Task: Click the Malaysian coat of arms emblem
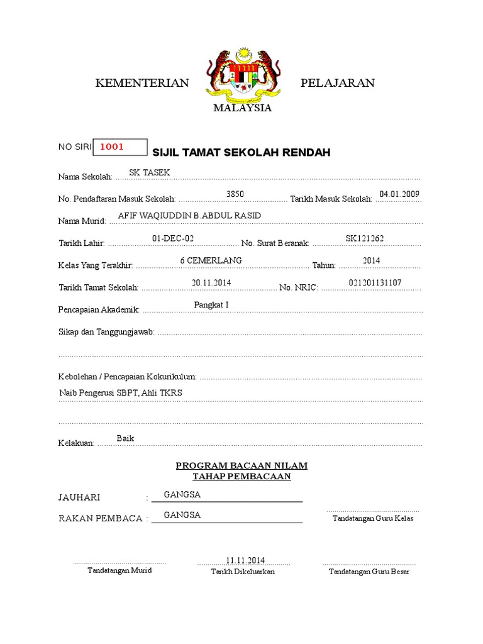tap(242, 77)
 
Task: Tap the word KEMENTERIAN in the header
tap(142, 83)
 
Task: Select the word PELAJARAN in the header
tap(338, 83)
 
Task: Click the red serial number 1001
tap(112, 147)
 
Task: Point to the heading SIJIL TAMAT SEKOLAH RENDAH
tap(241, 153)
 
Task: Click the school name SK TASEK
tap(149, 172)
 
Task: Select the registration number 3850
tap(235, 194)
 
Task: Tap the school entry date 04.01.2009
tap(399, 194)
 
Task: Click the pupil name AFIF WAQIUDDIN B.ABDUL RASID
tap(189, 216)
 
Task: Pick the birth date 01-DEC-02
tap(173, 238)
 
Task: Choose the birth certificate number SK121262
tap(365, 238)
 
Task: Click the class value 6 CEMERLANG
tap(211, 260)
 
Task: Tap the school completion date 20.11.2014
tap(211, 283)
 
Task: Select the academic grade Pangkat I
tap(211, 305)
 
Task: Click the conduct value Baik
tap(125, 438)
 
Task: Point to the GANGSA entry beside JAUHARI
tap(182, 495)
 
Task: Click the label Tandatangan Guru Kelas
tap(373, 519)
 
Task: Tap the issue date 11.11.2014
tap(245, 560)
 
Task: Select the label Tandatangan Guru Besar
tap(369, 572)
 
